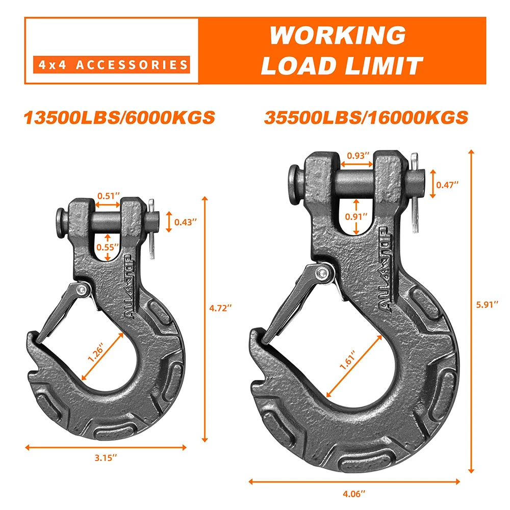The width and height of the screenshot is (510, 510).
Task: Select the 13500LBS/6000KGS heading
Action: point(119,117)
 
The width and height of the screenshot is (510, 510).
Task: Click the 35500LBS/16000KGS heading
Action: point(366,117)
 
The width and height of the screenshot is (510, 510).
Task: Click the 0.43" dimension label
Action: point(185,222)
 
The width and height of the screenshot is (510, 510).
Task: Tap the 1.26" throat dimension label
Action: point(97,352)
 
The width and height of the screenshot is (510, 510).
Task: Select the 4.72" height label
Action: point(222,308)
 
